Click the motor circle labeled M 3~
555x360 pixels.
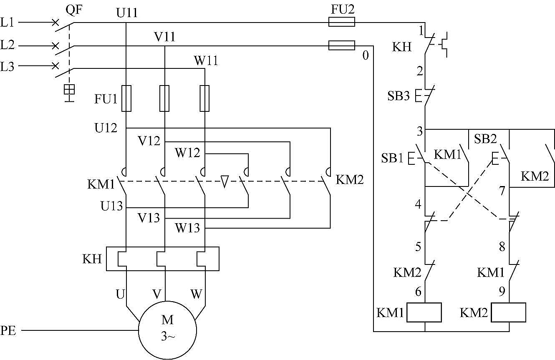pos(167,330)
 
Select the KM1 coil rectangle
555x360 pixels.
pos(424,312)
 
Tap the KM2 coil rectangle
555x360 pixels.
pos(508,312)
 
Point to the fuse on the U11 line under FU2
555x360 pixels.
pos(342,22)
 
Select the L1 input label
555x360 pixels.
pos(8,22)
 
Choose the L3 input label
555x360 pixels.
pos(8,66)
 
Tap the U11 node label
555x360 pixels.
pos(126,14)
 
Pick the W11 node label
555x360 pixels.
pos(206,60)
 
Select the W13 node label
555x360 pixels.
pos(187,228)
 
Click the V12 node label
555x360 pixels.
pos(149,141)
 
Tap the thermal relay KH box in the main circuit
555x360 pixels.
pos(163,259)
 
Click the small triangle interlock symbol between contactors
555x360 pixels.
pos(225,181)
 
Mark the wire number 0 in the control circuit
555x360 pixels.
pos(366,55)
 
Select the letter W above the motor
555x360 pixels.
pos(196,294)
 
